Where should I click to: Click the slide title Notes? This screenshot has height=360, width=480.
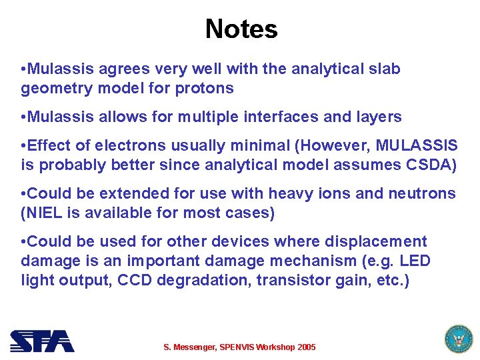point(241,29)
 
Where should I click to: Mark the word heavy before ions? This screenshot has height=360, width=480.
point(291,194)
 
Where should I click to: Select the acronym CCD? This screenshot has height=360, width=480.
point(134,280)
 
